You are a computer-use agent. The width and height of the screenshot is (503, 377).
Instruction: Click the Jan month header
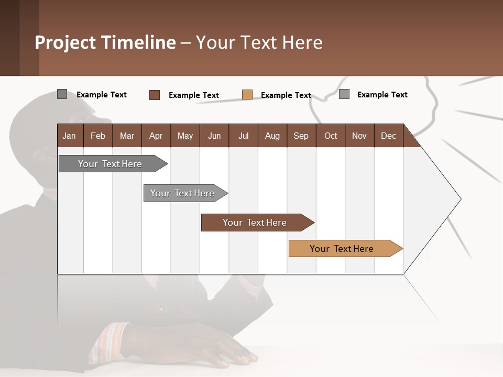tap(70, 136)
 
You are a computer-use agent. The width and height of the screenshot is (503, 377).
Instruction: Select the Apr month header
tap(156, 136)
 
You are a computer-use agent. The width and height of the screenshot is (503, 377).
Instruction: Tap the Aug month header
tap(272, 136)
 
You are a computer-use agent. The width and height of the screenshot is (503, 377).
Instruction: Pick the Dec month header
tap(388, 136)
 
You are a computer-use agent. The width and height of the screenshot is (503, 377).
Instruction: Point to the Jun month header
tap(214, 136)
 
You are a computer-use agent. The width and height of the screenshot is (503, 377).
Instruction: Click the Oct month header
tap(331, 136)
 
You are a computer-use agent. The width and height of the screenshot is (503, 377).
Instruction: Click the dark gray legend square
tap(62, 94)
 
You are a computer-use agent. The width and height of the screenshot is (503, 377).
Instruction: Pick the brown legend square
tap(155, 95)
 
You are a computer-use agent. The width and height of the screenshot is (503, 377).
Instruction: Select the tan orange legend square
tap(247, 95)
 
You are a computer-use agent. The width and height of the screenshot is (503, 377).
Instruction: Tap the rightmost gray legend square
tap(344, 94)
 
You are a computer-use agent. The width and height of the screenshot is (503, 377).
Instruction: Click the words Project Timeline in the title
tap(105, 42)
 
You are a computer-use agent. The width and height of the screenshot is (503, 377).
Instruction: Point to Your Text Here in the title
tap(259, 42)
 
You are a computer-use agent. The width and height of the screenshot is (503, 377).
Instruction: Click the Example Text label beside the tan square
tap(286, 95)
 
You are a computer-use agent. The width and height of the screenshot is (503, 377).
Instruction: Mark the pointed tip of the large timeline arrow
tap(460, 199)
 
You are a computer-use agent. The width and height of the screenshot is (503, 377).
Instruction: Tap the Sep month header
tap(301, 136)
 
